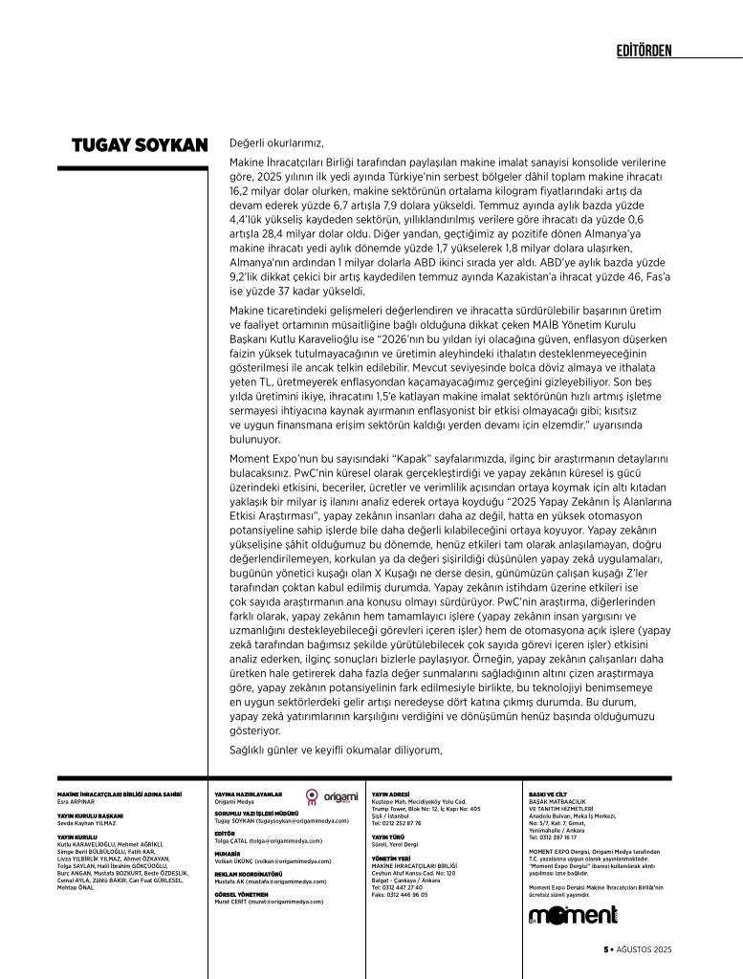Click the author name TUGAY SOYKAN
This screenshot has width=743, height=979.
coord(140,145)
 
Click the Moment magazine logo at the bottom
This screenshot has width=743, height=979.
coord(573,916)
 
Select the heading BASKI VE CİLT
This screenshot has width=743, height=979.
coord(548,794)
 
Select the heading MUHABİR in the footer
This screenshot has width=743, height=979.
coord(228,853)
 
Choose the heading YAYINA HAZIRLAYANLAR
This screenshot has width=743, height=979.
coord(249,794)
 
